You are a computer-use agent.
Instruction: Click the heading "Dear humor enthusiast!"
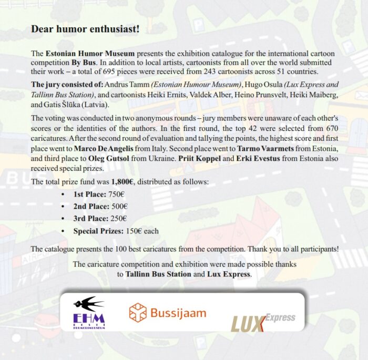pyautogui.click(x=85, y=29)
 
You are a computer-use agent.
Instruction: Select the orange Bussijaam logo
pyautogui.click(x=168, y=313)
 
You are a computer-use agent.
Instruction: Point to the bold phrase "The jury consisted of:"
pyautogui.click(x=66, y=85)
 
